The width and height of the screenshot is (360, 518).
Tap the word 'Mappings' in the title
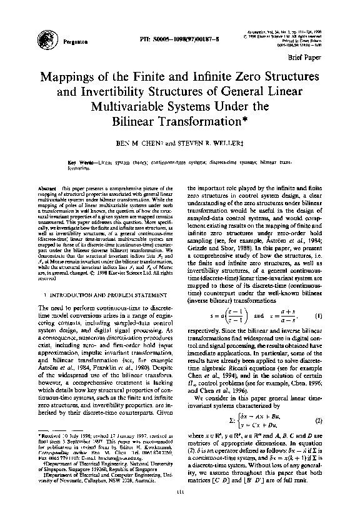click(74, 79)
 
